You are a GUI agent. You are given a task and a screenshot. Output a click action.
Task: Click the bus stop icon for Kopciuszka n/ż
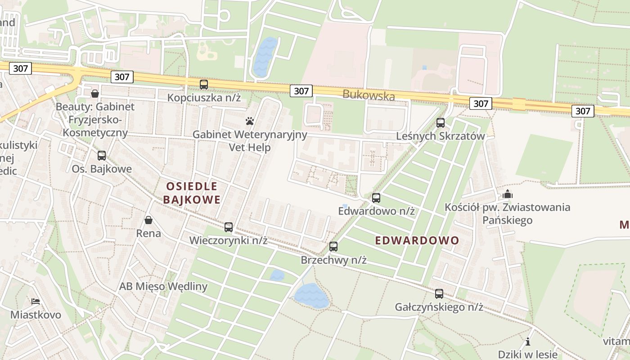[x=204, y=84]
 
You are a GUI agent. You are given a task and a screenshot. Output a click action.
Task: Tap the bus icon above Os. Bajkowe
[x=102, y=156]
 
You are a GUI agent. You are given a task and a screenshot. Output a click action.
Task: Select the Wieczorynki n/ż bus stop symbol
[x=229, y=227]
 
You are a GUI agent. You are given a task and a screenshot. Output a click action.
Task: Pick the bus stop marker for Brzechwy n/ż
[x=333, y=247]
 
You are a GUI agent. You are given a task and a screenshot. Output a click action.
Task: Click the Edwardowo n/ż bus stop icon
[x=376, y=198]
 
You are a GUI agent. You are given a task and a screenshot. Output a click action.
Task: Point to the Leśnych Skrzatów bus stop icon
[x=441, y=123]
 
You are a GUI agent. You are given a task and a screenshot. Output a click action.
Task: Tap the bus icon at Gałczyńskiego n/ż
[x=439, y=294]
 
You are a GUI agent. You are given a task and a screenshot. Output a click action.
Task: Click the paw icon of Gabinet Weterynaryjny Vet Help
[x=250, y=121]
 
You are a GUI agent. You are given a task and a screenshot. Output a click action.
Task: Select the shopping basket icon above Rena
[x=148, y=220]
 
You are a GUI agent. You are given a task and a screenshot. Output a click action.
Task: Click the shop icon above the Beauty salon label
[x=95, y=94]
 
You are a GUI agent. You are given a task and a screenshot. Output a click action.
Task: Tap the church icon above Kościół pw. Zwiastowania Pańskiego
[x=508, y=194]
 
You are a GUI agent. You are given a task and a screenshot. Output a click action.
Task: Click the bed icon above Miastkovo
[x=36, y=301]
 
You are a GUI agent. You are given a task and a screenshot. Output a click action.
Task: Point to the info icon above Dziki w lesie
[x=528, y=342]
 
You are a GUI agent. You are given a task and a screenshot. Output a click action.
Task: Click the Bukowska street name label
[x=369, y=95]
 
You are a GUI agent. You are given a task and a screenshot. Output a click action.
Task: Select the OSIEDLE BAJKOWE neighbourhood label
[x=192, y=193]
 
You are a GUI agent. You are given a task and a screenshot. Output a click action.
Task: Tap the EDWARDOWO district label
[x=417, y=240]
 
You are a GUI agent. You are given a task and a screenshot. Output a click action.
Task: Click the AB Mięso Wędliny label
[x=163, y=286]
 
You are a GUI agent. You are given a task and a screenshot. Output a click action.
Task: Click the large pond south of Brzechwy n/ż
[x=311, y=296]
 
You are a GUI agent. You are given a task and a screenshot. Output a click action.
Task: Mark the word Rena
[x=148, y=233]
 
